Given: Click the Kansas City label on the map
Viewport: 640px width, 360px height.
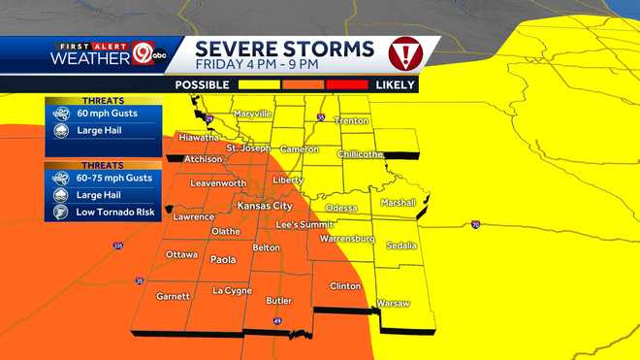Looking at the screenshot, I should click(x=265, y=206).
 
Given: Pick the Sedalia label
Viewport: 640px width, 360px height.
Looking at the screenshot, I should click(x=401, y=245).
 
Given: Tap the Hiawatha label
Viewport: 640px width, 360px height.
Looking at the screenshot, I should click(x=198, y=137).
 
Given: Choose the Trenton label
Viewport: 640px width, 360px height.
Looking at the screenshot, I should click(x=351, y=120).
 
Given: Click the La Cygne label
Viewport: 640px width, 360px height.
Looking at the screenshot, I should click(x=232, y=290).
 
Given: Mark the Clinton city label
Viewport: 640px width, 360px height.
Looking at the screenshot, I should click(x=345, y=286).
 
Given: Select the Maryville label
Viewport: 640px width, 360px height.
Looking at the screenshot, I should click(x=251, y=114).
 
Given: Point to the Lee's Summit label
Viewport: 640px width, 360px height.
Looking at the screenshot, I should click(x=304, y=224).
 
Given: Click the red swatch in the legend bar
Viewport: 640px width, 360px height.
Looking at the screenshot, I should click(x=348, y=85).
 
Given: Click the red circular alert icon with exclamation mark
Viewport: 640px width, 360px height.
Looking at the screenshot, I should click(x=403, y=51).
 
